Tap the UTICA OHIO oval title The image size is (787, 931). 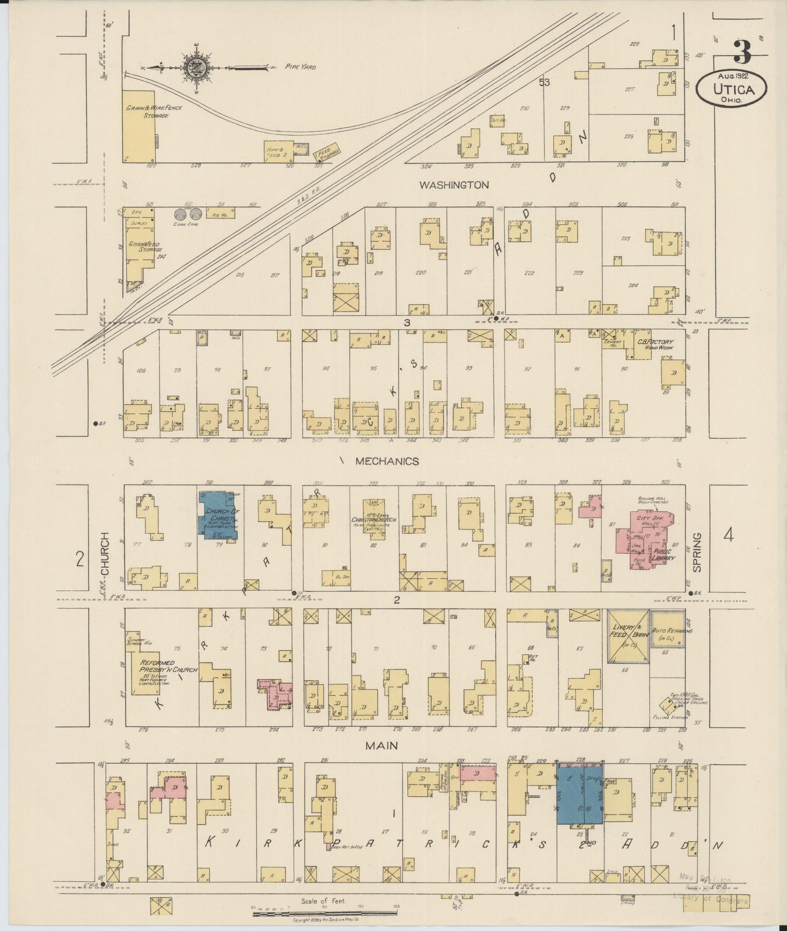(x=731, y=88)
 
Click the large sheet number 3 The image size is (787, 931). (x=742, y=53)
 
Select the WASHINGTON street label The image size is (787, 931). (x=454, y=185)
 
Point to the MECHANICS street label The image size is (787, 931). (x=387, y=461)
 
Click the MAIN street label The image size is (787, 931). (x=381, y=745)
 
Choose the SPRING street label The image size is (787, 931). (x=697, y=552)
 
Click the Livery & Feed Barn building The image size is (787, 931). (x=628, y=636)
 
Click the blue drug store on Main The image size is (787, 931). (x=579, y=794)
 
